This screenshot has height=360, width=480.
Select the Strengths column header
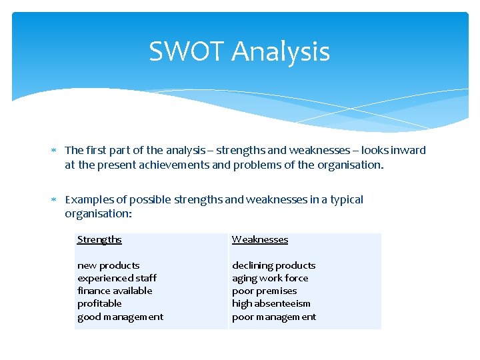(x=99, y=239)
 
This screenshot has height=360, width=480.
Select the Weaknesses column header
(x=260, y=239)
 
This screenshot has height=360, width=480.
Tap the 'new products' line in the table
(x=108, y=265)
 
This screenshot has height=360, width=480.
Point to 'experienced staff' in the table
(x=117, y=278)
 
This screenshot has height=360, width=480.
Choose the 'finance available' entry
(x=115, y=291)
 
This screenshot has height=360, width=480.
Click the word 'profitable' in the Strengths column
(x=99, y=303)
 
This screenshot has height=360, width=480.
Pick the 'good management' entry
(x=120, y=317)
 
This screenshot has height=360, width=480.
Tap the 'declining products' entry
(x=273, y=265)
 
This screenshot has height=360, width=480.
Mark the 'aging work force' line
(x=270, y=278)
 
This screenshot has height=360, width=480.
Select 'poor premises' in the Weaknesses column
(x=264, y=291)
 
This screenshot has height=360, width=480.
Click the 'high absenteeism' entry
(x=271, y=303)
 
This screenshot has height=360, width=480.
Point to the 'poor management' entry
(x=274, y=317)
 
